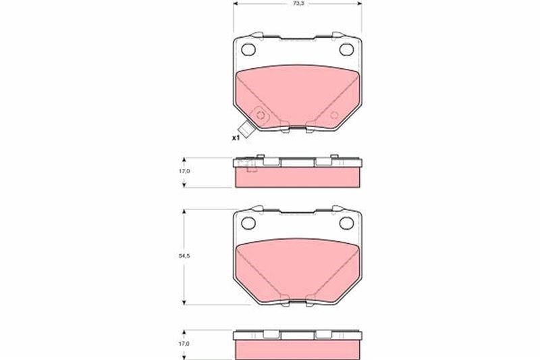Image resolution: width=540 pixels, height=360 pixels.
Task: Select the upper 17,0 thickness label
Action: (x=184, y=171)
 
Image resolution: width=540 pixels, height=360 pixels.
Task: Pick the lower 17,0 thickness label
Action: (x=184, y=344)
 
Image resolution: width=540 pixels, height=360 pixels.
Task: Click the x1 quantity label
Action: (x=236, y=138)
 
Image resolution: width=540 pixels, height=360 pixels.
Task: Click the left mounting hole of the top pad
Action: (x=248, y=49)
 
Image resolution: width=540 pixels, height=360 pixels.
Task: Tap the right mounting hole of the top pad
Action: (x=346, y=49)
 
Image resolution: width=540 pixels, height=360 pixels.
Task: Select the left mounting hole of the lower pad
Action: (x=248, y=224)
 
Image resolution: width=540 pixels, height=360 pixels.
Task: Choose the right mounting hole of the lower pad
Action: (x=346, y=224)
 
